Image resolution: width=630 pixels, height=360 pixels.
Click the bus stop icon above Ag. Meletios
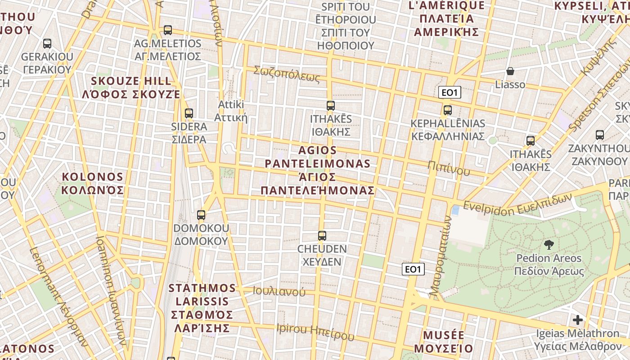click(x=168, y=30)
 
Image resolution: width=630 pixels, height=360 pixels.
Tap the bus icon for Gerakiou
click(x=47, y=44)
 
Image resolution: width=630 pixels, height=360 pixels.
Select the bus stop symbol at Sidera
click(x=189, y=113)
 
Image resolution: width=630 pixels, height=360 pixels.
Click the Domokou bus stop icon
click(x=201, y=215)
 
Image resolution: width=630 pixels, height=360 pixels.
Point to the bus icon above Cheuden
click(x=322, y=235)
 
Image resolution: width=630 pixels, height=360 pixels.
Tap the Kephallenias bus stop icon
click(x=447, y=110)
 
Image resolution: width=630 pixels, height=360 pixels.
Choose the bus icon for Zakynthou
click(x=599, y=135)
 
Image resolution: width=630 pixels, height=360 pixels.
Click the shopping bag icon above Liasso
click(x=510, y=71)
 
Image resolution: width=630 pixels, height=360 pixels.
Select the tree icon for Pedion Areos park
click(x=549, y=245)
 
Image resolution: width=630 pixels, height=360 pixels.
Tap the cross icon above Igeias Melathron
click(x=577, y=320)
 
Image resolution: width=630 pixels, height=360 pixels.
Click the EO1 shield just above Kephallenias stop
click(x=450, y=93)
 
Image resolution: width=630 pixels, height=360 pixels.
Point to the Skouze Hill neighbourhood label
click(x=131, y=88)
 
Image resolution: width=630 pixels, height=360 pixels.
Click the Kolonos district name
click(x=92, y=183)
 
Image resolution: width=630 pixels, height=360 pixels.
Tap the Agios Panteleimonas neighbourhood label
click(x=318, y=170)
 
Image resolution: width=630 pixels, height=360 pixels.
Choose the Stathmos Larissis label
click(x=202, y=308)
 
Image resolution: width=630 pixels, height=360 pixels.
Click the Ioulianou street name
click(x=279, y=291)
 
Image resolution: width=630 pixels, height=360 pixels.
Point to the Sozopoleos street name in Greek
click(x=287, y=74)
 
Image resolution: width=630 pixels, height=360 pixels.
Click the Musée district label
click(x=444, y=342)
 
